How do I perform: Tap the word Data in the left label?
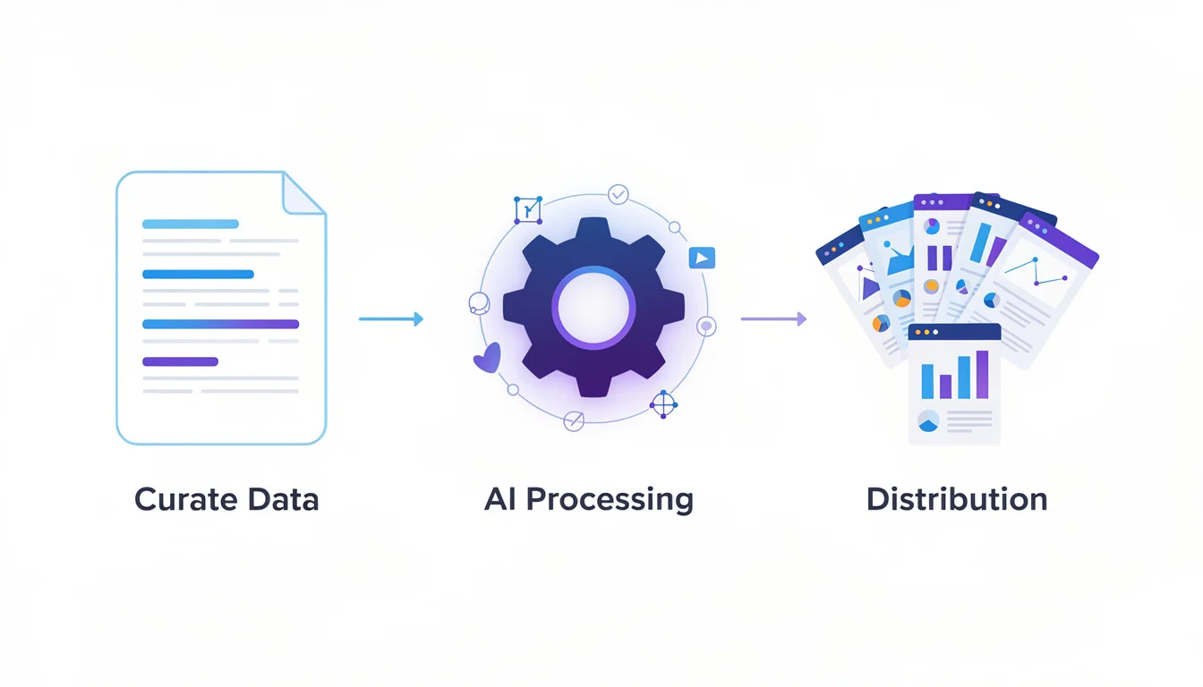point(283,499)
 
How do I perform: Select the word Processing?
point(610,499)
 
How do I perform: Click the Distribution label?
point(956,498)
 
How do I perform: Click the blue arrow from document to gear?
point(390,318)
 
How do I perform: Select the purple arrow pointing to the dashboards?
point(773,318)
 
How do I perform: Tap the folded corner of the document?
point(302,192)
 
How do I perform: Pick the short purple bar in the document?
point(180,361)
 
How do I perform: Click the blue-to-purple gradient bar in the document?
point(220,324)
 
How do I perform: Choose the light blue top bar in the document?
point(191,224)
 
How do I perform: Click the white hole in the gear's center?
point(593,307)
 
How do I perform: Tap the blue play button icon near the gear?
point(702,259)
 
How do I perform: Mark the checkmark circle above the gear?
point(618,194)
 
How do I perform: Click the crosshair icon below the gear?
point(663,404)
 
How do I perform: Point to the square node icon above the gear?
point(528,210)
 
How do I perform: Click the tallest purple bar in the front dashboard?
point(982,374)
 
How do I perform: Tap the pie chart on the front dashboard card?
point(928,420)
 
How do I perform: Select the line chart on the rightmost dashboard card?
point(1036,271)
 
